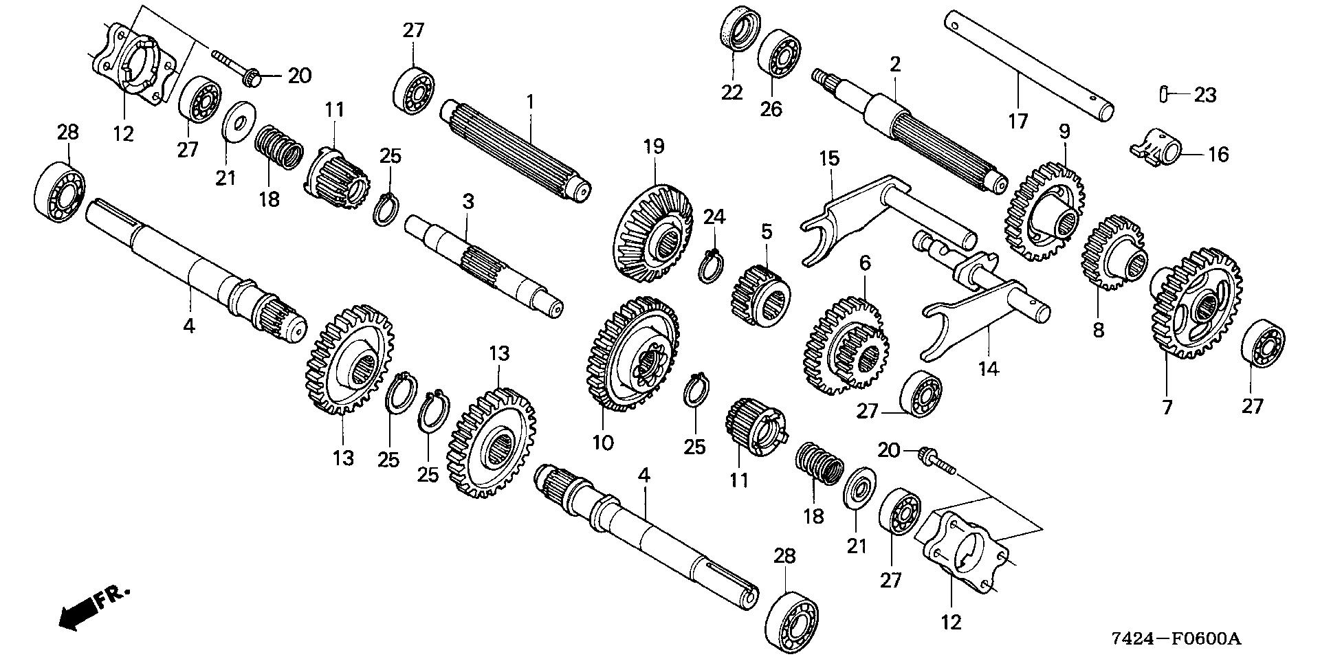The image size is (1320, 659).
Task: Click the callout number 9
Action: (x=1064, y=131)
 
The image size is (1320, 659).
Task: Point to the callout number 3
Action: (x=468, y=202)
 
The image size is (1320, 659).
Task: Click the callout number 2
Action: (x=894, y=65)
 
